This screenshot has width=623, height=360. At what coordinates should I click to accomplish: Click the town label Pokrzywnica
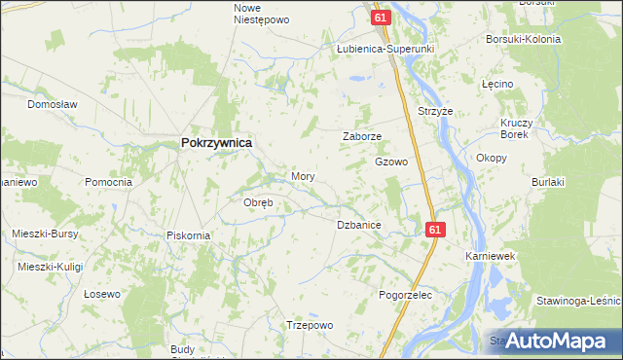pos(216,142)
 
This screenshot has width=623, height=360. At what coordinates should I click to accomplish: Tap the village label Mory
pos(303,177)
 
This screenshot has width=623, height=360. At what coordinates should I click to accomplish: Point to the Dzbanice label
pos(358,225)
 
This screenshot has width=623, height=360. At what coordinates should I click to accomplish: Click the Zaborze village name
pos(362,137)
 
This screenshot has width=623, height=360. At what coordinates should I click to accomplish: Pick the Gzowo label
pos(391,162)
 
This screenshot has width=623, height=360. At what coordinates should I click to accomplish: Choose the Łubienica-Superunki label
pos(385,48)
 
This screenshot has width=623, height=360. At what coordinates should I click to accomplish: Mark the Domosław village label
pos(52,103)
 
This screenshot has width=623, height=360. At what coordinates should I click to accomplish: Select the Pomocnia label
pos(108,182)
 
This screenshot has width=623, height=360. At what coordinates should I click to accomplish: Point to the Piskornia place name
pos(189,234)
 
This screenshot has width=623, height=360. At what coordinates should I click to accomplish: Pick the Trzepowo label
pos(310,325)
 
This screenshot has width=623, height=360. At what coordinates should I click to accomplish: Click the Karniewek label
pos(490,255)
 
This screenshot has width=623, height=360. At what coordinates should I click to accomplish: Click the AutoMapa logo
pos(553,341)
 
